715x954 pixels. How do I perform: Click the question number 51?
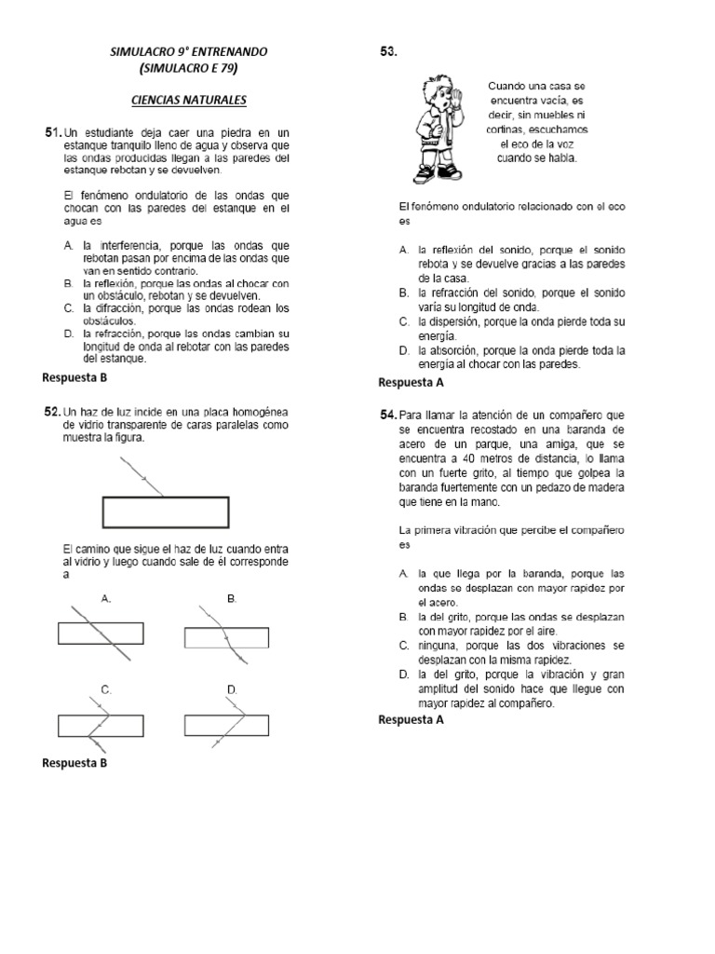tap(52, 132)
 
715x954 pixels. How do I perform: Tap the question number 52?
tap(52, 411)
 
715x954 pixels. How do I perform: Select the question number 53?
tap(388, 53)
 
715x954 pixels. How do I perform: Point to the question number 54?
tap(388, 414)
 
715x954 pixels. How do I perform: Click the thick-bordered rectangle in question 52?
tap(164, 512)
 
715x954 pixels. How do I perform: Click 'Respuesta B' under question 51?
tap(75, 377)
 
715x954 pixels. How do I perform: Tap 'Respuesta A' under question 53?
tap(411, 382)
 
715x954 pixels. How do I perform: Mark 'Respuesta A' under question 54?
tap(411, 720)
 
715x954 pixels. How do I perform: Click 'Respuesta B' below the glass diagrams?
tap(75, 763)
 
